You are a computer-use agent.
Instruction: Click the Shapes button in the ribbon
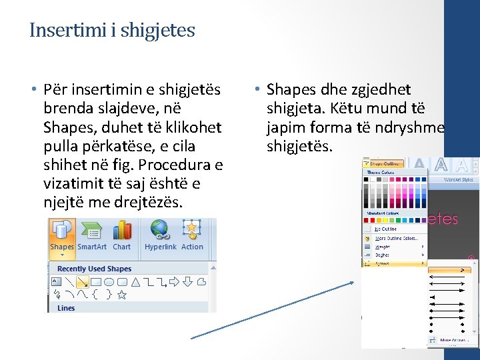point(61,237)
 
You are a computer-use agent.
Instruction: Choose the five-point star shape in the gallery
point(122,293)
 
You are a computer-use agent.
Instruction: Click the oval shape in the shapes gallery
point(109,281)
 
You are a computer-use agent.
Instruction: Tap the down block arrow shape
point(189,281)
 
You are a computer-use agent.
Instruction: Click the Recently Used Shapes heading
point(95,269)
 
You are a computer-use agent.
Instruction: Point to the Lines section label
point(66,308)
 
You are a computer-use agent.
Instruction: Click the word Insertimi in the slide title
point(56,30)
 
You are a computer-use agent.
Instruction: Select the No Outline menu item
point(387,229)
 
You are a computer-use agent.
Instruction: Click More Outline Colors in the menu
point(397,238)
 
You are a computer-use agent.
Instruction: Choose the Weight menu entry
point(383,247)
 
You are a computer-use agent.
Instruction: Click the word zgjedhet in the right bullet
point(378,89)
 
